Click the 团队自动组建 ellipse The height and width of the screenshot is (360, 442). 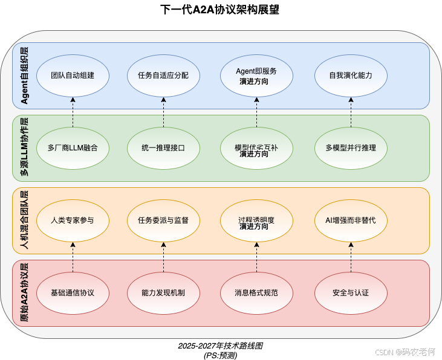[x=73, y=76]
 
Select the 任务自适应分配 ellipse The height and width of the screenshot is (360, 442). [x=163, y=76]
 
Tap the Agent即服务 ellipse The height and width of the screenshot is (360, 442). [x=256, y=76]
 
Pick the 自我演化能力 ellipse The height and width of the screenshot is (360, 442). [x=351, y=76]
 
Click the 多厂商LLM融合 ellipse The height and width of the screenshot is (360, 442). [x=73, y=147]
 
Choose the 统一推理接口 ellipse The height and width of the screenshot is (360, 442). [x=163, y=147]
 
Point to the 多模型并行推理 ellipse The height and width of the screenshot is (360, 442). [x=351, y=147]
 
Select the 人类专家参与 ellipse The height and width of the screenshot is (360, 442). [x=73, y=220]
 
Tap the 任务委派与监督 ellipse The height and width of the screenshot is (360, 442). [x=163, y=220]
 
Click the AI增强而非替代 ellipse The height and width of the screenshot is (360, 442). [x=351, y=220]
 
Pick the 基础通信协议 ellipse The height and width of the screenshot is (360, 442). [x=73, y=293]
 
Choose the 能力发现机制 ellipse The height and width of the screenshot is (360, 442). [x=163, y=293]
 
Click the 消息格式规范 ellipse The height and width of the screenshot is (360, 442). [x=256, y=293]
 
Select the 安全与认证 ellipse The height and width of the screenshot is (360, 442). [x=351, y=293]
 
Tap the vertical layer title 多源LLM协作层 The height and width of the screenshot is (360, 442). [x=25, y=147]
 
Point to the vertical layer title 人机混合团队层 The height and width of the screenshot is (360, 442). [x=25, y=220]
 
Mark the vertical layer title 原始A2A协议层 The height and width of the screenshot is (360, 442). [x=25, y=292]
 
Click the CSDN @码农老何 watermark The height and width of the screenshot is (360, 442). [x=404, y=351]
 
